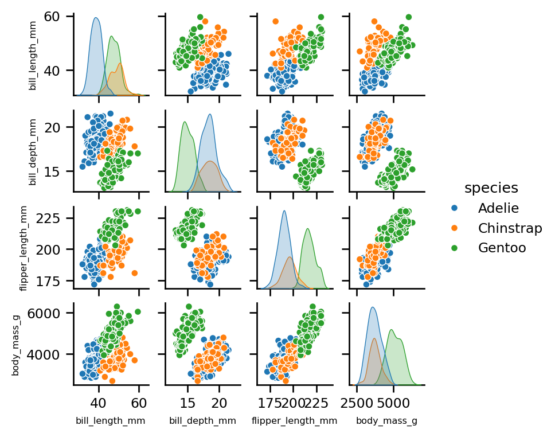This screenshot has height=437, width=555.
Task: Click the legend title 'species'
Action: (x=491, y=188)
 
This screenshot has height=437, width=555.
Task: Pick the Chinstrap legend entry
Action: (x=510, y=228)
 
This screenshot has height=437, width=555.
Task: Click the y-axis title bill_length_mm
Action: (x=33, y=55)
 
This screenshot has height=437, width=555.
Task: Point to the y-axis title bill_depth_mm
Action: (x=33, y=151)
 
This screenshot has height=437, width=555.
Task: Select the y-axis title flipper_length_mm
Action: (x=24, y=248)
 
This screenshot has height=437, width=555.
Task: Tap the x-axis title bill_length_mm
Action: (x=110, y=421)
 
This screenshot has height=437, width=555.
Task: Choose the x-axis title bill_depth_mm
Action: (x=202, y=421)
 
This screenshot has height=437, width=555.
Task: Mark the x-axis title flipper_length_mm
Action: (x=294, y=421)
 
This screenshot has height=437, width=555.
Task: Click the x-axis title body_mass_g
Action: (x=386, y=421)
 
